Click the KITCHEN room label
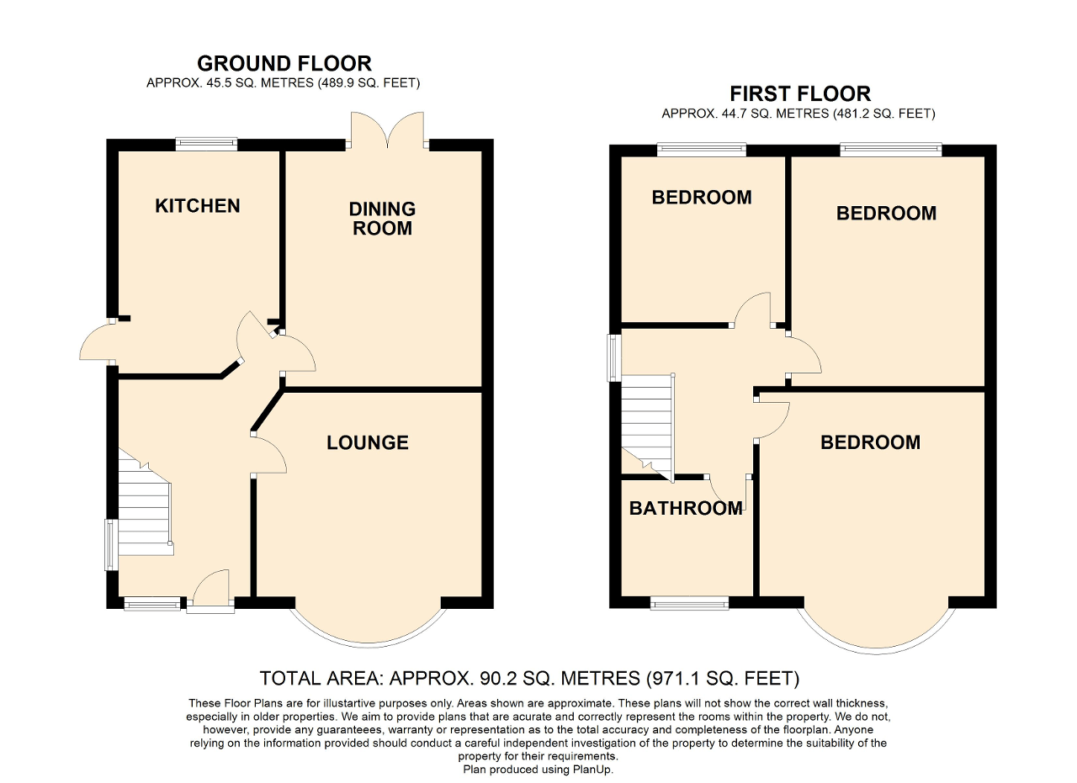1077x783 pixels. tap(198, 206)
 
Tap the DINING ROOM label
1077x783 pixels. tap(382, 218)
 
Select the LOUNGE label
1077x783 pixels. tap(368, 442)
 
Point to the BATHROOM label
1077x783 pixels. tap(686, 508)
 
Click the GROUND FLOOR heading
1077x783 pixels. tap(284, 63)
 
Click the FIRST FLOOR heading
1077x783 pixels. tap(799, 93)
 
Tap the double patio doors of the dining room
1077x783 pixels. tap(387, 130)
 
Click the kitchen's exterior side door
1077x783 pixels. tap(96, 342)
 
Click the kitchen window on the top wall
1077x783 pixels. tap(206, 145)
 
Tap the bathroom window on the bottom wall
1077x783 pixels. tap(689, 602)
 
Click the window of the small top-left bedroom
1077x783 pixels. tap(702, 151)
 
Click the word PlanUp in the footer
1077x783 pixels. tap(603, 769)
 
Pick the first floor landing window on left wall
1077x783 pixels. tap(614, 357)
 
